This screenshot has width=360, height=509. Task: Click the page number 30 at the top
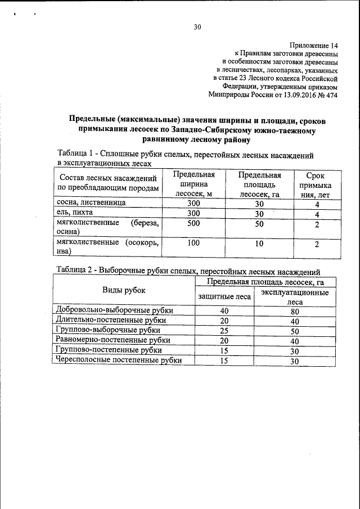(197, 27)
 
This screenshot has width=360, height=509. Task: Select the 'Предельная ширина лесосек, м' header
(193, 184)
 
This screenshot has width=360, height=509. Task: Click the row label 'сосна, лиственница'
(91, 203)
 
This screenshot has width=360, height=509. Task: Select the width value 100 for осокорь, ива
(193, 244)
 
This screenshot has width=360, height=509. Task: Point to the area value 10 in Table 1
(259, 244)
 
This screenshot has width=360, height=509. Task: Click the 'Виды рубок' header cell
(123, 290)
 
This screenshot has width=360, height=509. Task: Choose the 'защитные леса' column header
(224, 296)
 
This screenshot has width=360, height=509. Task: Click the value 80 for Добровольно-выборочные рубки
(294, 310)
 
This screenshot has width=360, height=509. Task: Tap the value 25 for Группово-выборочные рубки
(224, 331)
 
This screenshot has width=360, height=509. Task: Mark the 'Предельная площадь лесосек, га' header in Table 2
(265, 281)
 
